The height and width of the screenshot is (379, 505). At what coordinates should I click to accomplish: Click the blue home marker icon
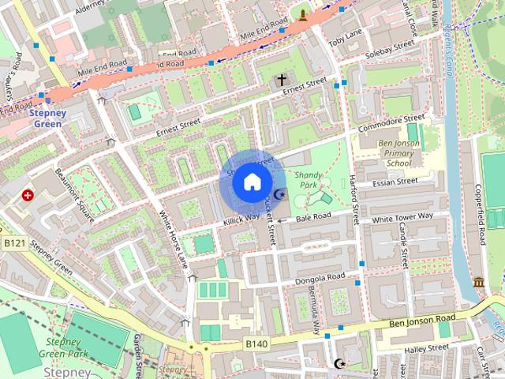(x=251, y=182)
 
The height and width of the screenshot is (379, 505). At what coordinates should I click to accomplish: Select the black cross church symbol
(x=282, y=80)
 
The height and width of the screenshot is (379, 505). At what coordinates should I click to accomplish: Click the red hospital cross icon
(x=28, y=195)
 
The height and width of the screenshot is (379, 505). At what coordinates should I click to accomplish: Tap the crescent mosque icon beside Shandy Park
(x=278, y=195)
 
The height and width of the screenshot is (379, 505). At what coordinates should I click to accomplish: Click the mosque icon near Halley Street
(x=339, y=364)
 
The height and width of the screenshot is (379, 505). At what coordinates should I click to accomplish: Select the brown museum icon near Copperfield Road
(x=479, y=282)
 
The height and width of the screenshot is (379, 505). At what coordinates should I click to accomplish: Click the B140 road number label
(x=256, y=344)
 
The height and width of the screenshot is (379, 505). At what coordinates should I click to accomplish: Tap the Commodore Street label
(x=391, y=122)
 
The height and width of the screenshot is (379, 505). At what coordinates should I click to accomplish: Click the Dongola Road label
(x=320, y=279)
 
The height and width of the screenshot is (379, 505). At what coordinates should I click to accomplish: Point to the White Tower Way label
(x=402, y=217)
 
